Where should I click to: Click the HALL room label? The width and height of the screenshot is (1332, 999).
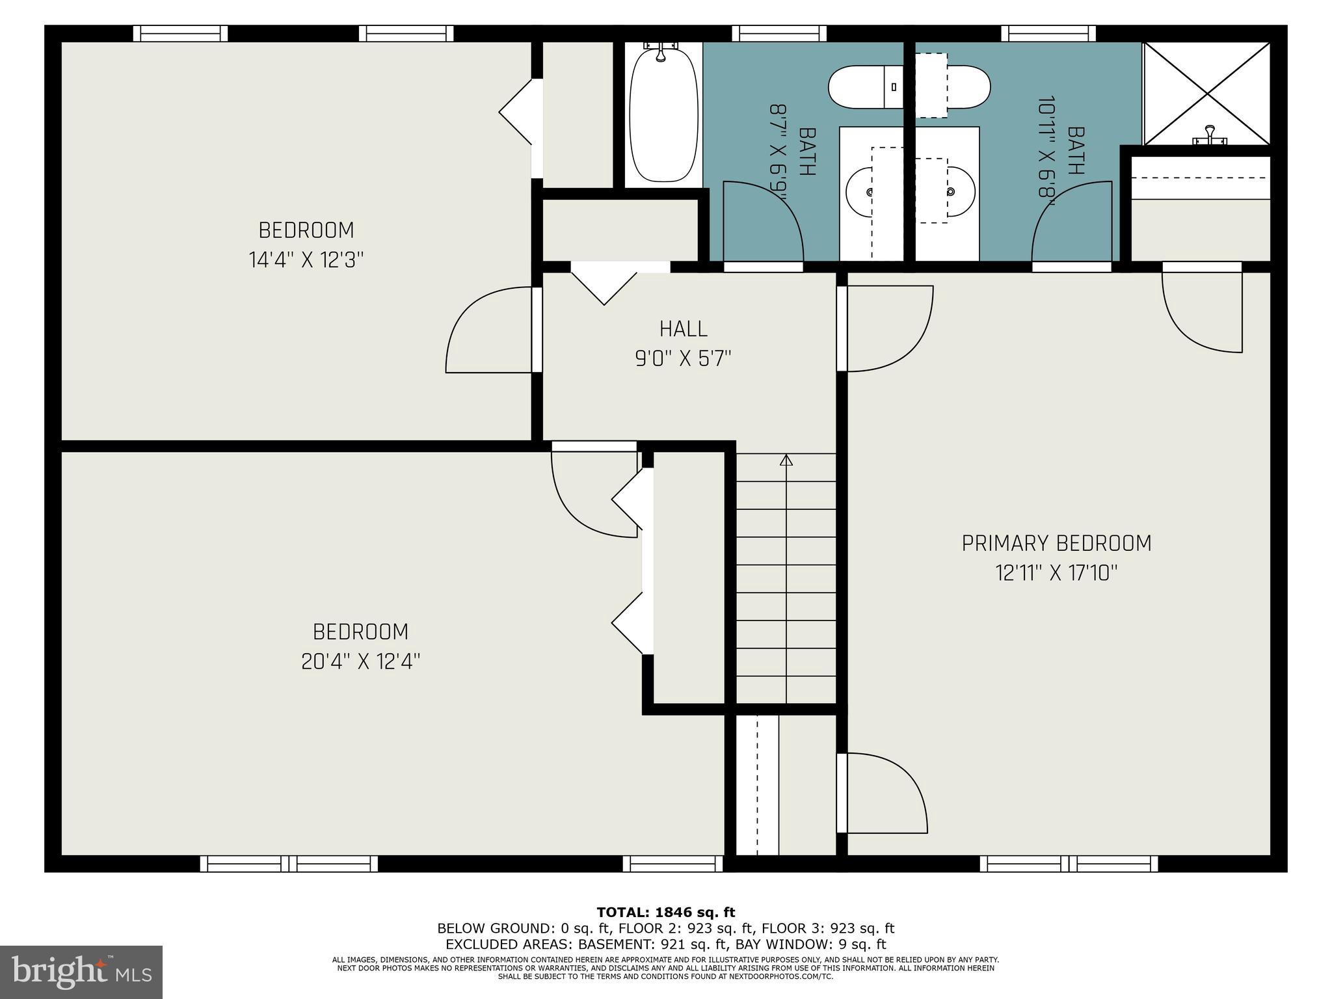click(x=683, y=329)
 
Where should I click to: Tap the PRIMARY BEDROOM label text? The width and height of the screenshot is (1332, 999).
click(x=1056, y=543)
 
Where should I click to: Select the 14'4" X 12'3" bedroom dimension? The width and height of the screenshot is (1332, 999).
click(x=306, y=260)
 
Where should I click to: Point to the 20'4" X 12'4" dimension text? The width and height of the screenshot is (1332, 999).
click(x=360, y=661)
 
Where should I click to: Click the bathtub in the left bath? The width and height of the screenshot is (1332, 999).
click(x=663, y=115)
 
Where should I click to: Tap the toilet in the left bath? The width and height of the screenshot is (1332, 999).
click(x=865, y=87)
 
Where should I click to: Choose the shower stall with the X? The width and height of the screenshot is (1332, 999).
click(x=1207, y=94)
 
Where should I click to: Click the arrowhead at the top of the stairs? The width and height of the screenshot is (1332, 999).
click(x=786, y=460)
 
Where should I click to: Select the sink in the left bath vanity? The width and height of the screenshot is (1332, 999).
click(x=860, y=192)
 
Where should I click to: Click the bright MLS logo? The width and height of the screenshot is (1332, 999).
click(x=81, y=972)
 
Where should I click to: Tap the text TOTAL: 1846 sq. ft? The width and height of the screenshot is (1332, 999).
click(x=665, y=912)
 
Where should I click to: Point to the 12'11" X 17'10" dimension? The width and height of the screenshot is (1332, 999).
click(x=1056, y=573)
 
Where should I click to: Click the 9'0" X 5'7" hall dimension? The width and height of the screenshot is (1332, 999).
click(x=683, y=358)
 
